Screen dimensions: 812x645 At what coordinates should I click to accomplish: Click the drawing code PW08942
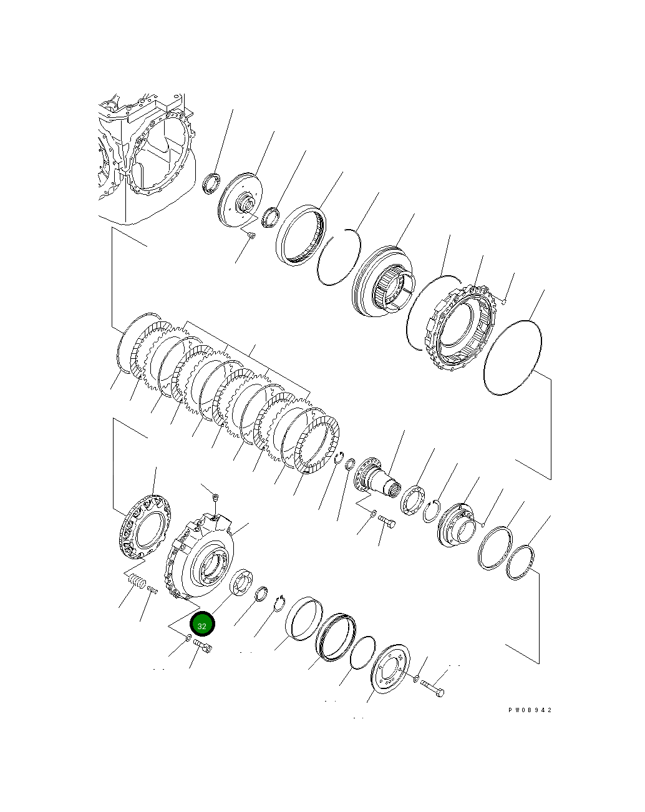(x=530, y=710)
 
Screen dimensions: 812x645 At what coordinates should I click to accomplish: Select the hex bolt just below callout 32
(x=203, y=646)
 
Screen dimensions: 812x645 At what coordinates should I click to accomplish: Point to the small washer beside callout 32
(x=187, y=638)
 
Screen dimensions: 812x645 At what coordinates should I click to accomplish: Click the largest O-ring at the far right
(x=512, y=358)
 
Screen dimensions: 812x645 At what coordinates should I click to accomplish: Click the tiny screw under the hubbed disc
(x=250, y=235)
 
